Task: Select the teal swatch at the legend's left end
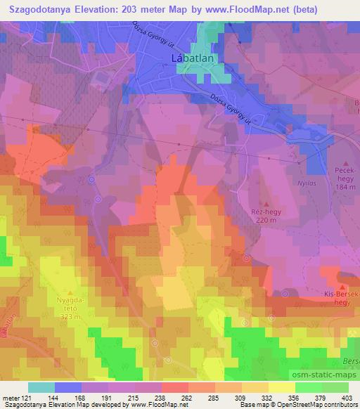click(41, 387)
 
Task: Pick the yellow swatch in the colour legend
click(281, 387)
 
